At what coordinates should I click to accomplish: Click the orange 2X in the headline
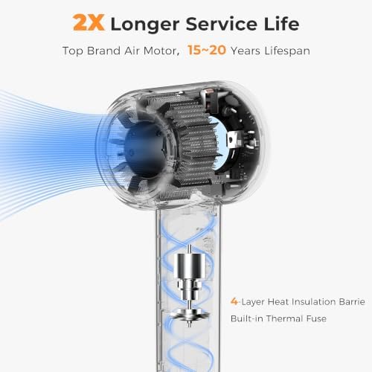[x=89, y=23]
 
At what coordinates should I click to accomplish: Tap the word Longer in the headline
[x=145, y=25]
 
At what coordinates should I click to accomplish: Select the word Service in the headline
[x=221, y=24]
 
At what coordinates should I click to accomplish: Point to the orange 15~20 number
[x=207, y=50]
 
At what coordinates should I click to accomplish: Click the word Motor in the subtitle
[x=161, y=51]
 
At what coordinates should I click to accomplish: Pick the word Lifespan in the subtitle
[x=287, y=51]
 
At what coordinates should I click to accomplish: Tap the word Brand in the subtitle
[x=103, y=51]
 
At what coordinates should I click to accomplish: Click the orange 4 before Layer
[x=234, y=301]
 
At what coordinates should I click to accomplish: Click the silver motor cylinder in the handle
[x=189, y=266]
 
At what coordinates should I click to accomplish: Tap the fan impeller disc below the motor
[x=189, y=315]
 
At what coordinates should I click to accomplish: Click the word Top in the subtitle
[x=72, y=51]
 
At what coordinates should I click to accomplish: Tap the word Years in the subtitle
[x=246, y=51]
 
